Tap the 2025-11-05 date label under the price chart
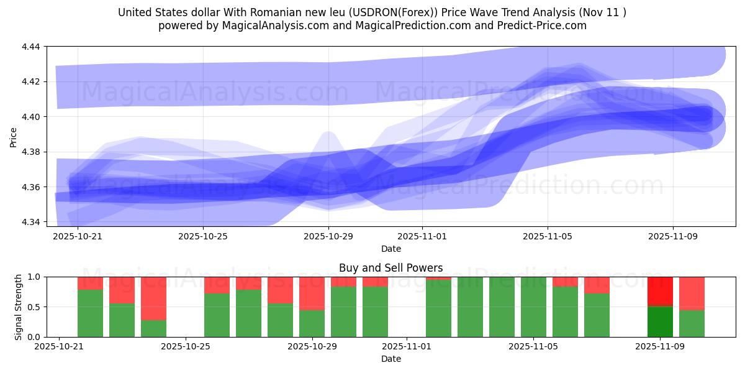[548, 236]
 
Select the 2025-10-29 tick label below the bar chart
[312, 347]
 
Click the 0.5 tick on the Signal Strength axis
[35, 307]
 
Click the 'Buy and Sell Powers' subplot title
[391, 268]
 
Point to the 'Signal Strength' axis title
[19, 306]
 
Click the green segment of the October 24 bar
[153, 329]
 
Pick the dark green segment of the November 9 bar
[660, 322]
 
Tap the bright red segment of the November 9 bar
[660, 292]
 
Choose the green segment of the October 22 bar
[90, 314]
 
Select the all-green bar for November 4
[502, 307]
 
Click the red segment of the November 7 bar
[597, 285]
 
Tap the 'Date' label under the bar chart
[391, 359]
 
